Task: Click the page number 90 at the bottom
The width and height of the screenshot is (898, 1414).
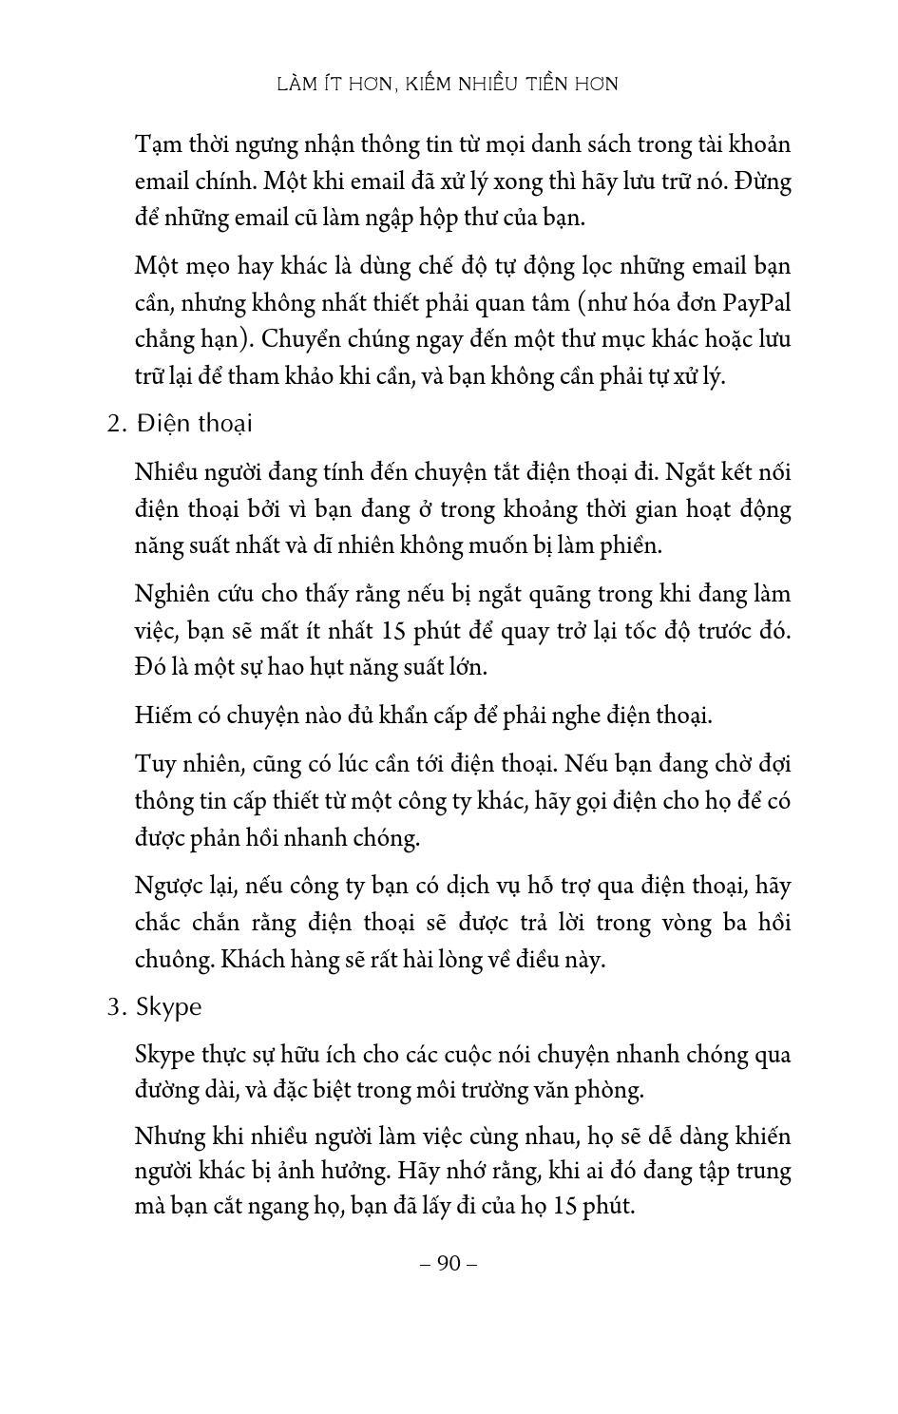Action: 449,1263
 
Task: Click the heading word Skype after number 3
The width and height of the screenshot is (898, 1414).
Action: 169,1007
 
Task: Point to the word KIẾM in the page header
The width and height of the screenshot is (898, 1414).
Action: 429,84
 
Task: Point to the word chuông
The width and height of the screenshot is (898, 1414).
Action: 174,960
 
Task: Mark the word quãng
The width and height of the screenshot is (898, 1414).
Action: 556,595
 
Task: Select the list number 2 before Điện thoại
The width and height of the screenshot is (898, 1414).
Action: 116,424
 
